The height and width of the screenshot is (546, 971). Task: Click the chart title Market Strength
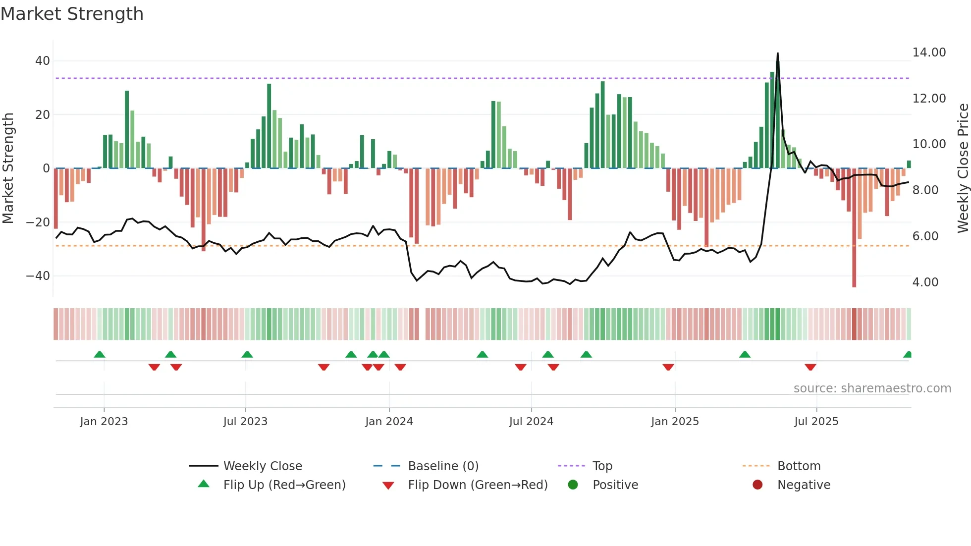click(x=72, y=14)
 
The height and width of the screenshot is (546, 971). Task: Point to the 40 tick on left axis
click(x=42, y=61)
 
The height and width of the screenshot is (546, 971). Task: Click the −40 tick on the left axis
click(x=38, y=276)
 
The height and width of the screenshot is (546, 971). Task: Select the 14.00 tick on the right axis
click(x=929, y=53)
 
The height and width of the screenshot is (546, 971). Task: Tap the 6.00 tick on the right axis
click(x=925, y=236)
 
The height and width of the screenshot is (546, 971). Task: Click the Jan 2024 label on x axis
click(x=389, y=422)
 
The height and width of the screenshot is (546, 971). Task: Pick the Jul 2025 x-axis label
click(x=816, y=422)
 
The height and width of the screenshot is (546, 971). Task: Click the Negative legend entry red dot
click(x=757, y=485)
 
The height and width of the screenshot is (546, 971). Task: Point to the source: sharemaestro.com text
click(x=872, y=388)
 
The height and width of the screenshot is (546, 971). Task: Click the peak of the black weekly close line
click(x=777, y=54)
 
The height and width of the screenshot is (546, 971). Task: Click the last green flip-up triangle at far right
click(x=908, y=355)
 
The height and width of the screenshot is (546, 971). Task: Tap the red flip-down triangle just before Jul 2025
click(x=810, y=367)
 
